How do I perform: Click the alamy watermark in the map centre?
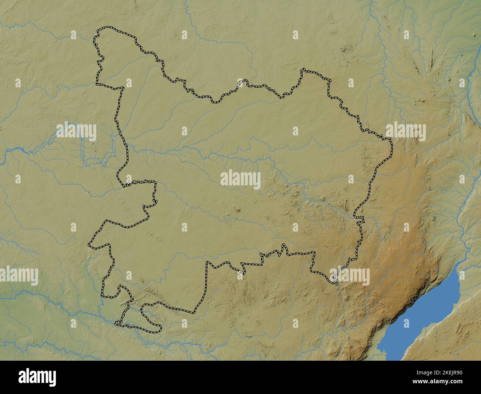point(240,179)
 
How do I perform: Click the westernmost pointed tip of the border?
point(89,245)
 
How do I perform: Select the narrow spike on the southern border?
point(284,246)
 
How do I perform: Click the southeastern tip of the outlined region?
point(336,283)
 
